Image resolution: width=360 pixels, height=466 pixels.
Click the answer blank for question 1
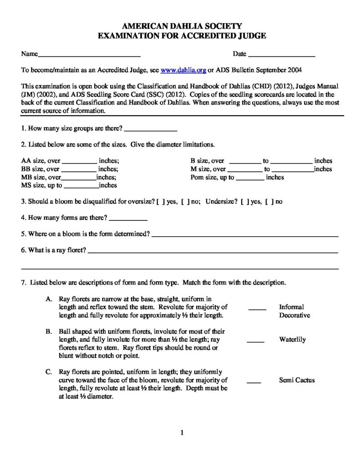pyautogui.click(x=150, y=130)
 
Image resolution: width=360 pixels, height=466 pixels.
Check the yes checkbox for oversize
pyautogui.click(x=158, y=202)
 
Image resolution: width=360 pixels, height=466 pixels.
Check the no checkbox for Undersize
pyautogui.click(x=267, y=202)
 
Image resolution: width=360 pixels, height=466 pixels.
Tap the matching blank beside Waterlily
pyautogui.click(x=255, y=340)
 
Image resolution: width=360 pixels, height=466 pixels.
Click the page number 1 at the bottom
pyautogui.click(x=182, y=433)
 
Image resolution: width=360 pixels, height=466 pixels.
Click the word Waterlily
pyautogui.click(x=292, y=339)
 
